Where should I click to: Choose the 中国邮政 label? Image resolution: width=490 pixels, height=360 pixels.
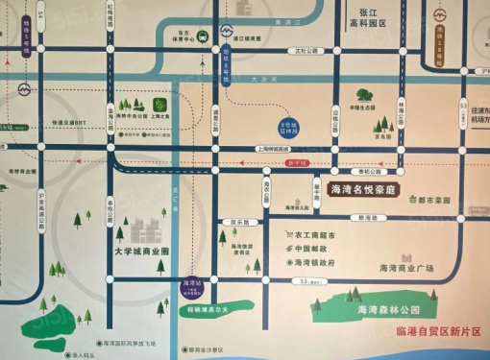coord(310,249)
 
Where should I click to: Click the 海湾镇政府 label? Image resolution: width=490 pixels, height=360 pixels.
coord(313,262)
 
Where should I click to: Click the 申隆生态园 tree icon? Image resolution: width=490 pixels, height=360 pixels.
coord(364,96)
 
